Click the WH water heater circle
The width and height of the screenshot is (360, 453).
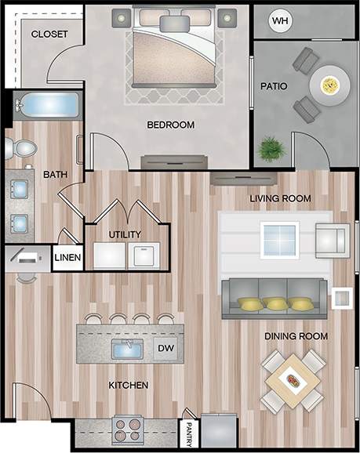pyautogui.click(x=280, y=21)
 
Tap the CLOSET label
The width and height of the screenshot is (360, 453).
pyautogui.click(x=49, y=34)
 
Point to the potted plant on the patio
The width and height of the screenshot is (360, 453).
pyautogui.click(x=271, y=148)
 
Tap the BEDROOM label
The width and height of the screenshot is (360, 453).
pyautogui.click(x=170, y=125)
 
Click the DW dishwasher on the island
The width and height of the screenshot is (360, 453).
pyautogui.click(x=166, y=347)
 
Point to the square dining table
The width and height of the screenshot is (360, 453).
pyautogui.click(x=292, y=382)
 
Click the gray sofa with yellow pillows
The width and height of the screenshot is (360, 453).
pyautogui.click(x=274, y=299)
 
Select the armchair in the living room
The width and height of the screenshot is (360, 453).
pyautogui.click(x=331, y=240)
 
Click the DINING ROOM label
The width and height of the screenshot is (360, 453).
pyautogui.click(x=296, y=336)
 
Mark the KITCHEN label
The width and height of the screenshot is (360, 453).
pyautogui.click(x=129, y=386)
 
